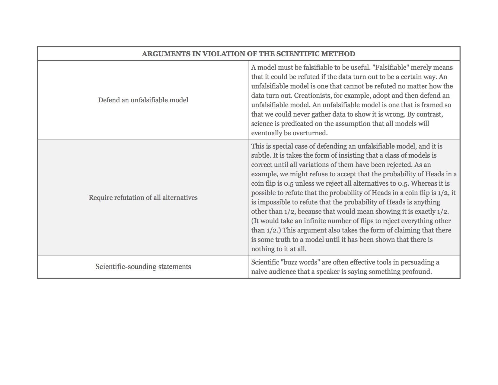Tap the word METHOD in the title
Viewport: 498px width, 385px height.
(338, 54)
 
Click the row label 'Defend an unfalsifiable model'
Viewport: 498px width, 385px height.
(143, 100)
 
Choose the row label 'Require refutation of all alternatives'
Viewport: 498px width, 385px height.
(143, 197)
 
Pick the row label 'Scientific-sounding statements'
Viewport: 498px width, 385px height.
(143, 267)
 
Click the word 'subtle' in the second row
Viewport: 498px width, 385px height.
(260, 155)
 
